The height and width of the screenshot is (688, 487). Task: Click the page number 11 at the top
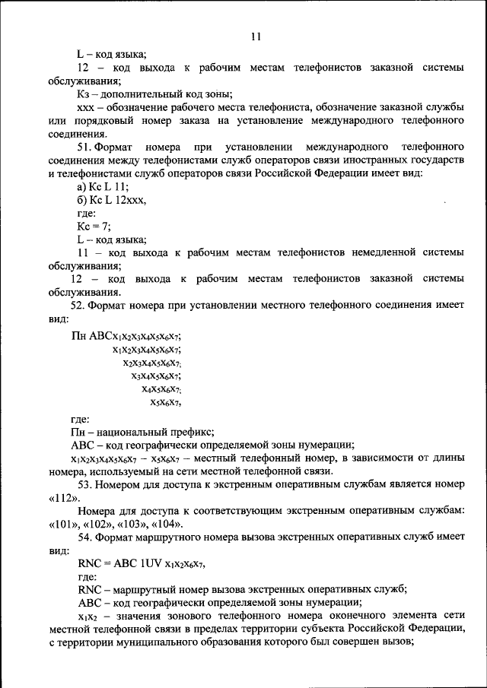tap(255, 36)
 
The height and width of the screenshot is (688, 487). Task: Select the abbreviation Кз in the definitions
tap(84, 94)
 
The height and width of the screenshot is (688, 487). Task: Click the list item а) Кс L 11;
tap(103, 186)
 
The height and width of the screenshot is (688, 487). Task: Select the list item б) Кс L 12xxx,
tap(111, 200)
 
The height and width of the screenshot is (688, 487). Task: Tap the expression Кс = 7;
tap(94, 227)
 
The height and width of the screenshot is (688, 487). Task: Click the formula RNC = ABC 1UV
tap(142, 565)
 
